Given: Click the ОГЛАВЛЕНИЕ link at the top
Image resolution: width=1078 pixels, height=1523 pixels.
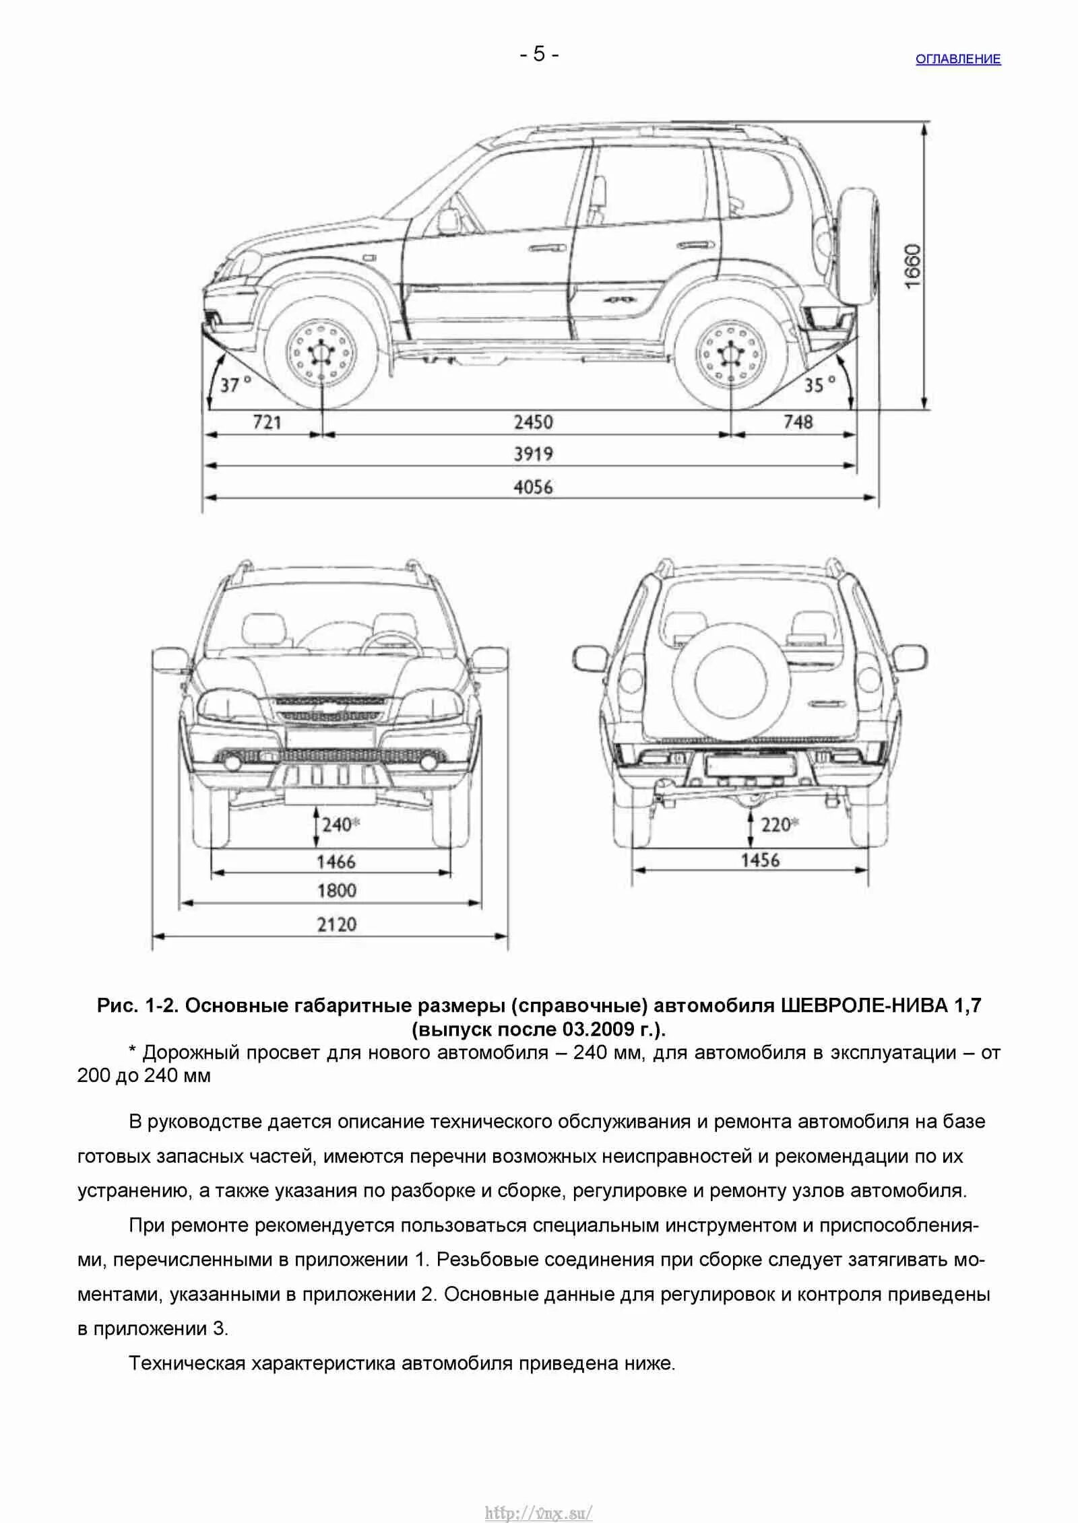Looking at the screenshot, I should [957, 59].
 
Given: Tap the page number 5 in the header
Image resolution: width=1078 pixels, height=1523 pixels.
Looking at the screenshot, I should [539, 54].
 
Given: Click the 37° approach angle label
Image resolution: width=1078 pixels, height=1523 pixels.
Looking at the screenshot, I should [236, 385].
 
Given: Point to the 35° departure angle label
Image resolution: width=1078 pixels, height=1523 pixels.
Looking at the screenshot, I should [819, 385].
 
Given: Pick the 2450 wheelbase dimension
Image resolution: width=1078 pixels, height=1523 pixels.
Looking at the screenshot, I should [533, 423].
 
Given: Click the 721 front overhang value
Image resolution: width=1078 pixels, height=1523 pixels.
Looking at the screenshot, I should [267, 423].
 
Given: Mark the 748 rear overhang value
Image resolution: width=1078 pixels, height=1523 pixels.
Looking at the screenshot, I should [798, 423].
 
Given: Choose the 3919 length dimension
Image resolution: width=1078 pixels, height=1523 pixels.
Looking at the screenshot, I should [533, 454].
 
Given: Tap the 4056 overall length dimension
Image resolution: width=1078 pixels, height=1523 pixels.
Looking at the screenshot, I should [533, 487].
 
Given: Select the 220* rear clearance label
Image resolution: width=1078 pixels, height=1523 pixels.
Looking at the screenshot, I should [780, 824].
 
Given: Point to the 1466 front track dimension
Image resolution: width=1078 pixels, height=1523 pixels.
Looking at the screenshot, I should [336, 861].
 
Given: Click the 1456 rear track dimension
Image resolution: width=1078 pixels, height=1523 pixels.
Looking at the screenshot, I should [760, 860].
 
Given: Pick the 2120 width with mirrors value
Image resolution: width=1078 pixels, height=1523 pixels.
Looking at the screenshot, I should [336, 924].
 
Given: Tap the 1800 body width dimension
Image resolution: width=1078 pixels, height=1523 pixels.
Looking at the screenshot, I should [336, 891].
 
